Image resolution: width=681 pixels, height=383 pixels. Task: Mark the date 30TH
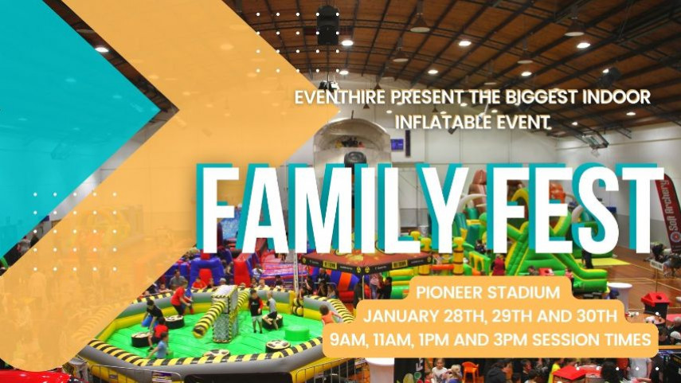point(596,315)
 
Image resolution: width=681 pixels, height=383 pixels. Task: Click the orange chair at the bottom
point(471,372)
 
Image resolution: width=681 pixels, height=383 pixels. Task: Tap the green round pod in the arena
point(296,334)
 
